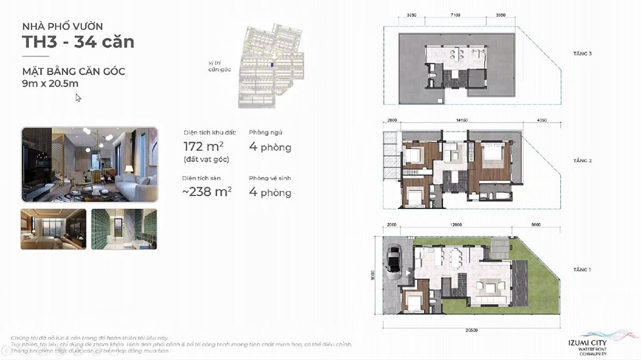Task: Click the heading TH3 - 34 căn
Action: click(78, 43)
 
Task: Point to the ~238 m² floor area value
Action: click(207, 192)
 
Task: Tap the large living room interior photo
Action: click(88, 165)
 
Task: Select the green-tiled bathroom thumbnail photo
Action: click(124, 229)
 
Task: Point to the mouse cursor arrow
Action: click(78, 97)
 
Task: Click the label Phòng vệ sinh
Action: click(269, 178)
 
